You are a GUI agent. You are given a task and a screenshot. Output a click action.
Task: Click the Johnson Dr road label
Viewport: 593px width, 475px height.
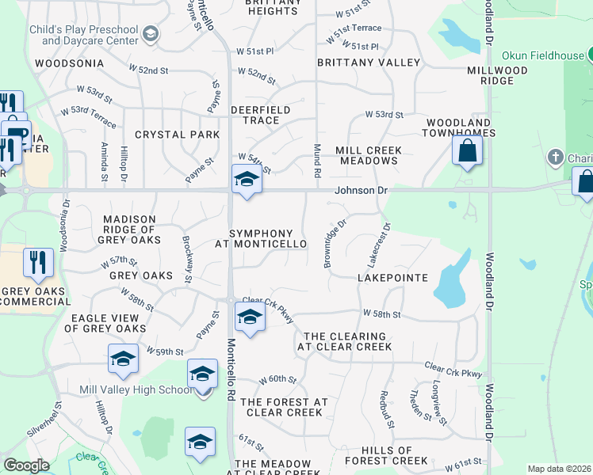[361, 190]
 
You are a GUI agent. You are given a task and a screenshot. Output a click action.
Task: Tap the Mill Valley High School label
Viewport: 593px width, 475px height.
[136, 389]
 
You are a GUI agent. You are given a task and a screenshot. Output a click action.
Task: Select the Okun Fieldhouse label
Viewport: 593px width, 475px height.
[542, 55]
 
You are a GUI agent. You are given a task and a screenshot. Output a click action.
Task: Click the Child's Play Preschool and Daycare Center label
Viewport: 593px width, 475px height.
[90, 35]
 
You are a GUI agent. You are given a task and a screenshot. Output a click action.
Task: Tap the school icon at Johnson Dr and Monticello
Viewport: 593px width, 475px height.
[247, 181]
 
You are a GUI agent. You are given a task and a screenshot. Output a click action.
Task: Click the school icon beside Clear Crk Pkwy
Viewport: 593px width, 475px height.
[250, 318]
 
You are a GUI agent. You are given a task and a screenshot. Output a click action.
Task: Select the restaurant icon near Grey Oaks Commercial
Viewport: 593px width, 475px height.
[38, 263]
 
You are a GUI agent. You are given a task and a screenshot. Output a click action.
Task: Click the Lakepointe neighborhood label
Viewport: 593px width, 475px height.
[392, 278]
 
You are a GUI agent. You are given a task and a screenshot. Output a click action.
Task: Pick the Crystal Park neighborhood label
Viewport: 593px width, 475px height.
[177, 135]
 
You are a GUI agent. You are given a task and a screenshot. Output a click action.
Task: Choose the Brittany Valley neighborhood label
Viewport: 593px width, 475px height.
[369, 62]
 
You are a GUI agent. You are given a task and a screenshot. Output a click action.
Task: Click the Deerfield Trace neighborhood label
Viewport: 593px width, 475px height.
[260, 115]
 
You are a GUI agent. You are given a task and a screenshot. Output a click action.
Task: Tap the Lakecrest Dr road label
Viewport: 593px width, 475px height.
[380, 244]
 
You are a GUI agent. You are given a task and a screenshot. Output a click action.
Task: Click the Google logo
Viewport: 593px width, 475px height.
[26, 465]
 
